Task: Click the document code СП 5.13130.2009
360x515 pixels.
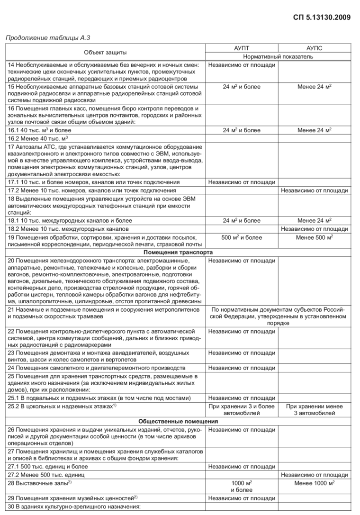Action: pyautogui.click(x=322, y=18)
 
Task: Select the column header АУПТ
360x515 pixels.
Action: pyautogui.click(x=242, y=48)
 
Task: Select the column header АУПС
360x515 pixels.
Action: pyautogui.click(x=315, y=48)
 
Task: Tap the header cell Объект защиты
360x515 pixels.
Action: pyautogui.click(x=105, y=52)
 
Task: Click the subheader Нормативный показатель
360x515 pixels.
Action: pyautogui.click(x=278, y=56)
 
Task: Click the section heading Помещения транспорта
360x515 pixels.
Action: pyautogui.click(x=178, y=252)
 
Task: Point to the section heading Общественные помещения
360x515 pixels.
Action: pyautogui.click(x=178, y=421)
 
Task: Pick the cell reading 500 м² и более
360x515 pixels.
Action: pyautogui.click(x=242, y=237)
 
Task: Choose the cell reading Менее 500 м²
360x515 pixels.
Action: pyautogui.click(x=315, y=237)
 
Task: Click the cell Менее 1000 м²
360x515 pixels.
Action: pyautogui.click(x=315, y=483)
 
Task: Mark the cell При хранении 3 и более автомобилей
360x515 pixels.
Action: pyautogui.click(x=242, y=410)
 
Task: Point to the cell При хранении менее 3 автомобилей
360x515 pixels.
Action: pyautogui.click(x=315, y=410)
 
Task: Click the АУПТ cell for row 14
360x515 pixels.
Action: pyautogui.click(x=242, y=65)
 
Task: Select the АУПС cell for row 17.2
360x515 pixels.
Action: pyautogui.click(x=315, y=190)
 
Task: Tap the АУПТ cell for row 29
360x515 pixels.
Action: pyautogui.click(x=242, y=498)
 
